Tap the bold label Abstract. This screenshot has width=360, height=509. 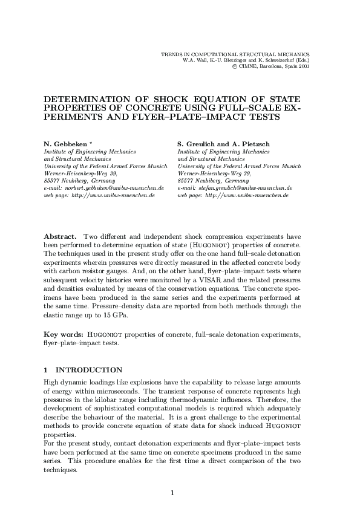pyautogui.click(x=60, y=235)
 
